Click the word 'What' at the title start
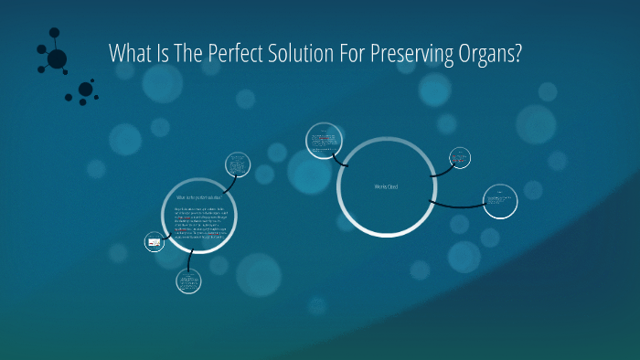pos(128,54)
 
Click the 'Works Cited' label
pos(386,187)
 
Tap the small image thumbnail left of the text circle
pos(154,242)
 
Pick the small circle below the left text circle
pos(189,280)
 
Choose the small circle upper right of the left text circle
pos(238,165)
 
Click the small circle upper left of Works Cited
pos(324,141)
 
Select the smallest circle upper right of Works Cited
pos(460,157)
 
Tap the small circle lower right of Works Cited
pos(500,200)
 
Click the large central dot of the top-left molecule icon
pos(57,59)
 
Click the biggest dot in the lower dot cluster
pos(86,90)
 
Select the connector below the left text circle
pos(187,260)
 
